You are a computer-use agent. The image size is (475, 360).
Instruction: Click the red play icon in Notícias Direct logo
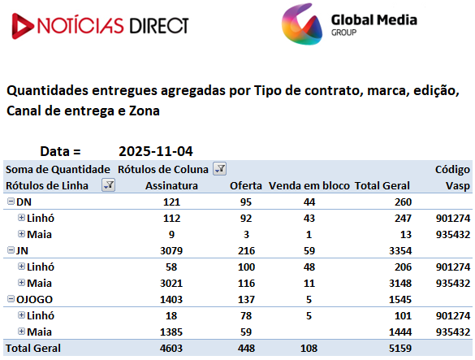tap(22, 26)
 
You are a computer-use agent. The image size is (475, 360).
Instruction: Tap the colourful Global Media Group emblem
tap(302, 24)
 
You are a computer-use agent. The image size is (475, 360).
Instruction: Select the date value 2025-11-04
tap(156, 151)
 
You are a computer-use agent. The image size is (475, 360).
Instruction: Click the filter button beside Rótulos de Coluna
tap(219, 169)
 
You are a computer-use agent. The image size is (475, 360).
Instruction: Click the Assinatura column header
tap(171, 185)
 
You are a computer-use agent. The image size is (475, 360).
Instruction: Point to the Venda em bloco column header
tap(309, 185)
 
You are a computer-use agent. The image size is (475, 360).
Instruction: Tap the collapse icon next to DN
tap(11, 201)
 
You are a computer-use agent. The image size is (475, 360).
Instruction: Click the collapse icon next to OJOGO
tap(11, 299)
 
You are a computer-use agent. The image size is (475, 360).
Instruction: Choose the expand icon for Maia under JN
tap(21, 282)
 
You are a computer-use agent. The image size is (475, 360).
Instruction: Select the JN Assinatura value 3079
tap(171, 251)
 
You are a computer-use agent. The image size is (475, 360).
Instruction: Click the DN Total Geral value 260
tap(403, 202)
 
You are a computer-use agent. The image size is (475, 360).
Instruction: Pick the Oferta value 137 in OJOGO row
tap(246, 300)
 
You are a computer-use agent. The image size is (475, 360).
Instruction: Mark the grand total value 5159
tap(400, 348)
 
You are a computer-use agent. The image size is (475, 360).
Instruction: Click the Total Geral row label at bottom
tap(33, 348)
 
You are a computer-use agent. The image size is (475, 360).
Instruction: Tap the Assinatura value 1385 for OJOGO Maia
tap(171, 332)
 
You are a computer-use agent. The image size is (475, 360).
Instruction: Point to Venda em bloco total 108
tap(309, 348)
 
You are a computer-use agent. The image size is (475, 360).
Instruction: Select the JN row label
tap(22, 251)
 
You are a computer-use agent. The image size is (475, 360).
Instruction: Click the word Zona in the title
tap(145, 111)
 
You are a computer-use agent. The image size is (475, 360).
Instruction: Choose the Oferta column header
tap(246, 185)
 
